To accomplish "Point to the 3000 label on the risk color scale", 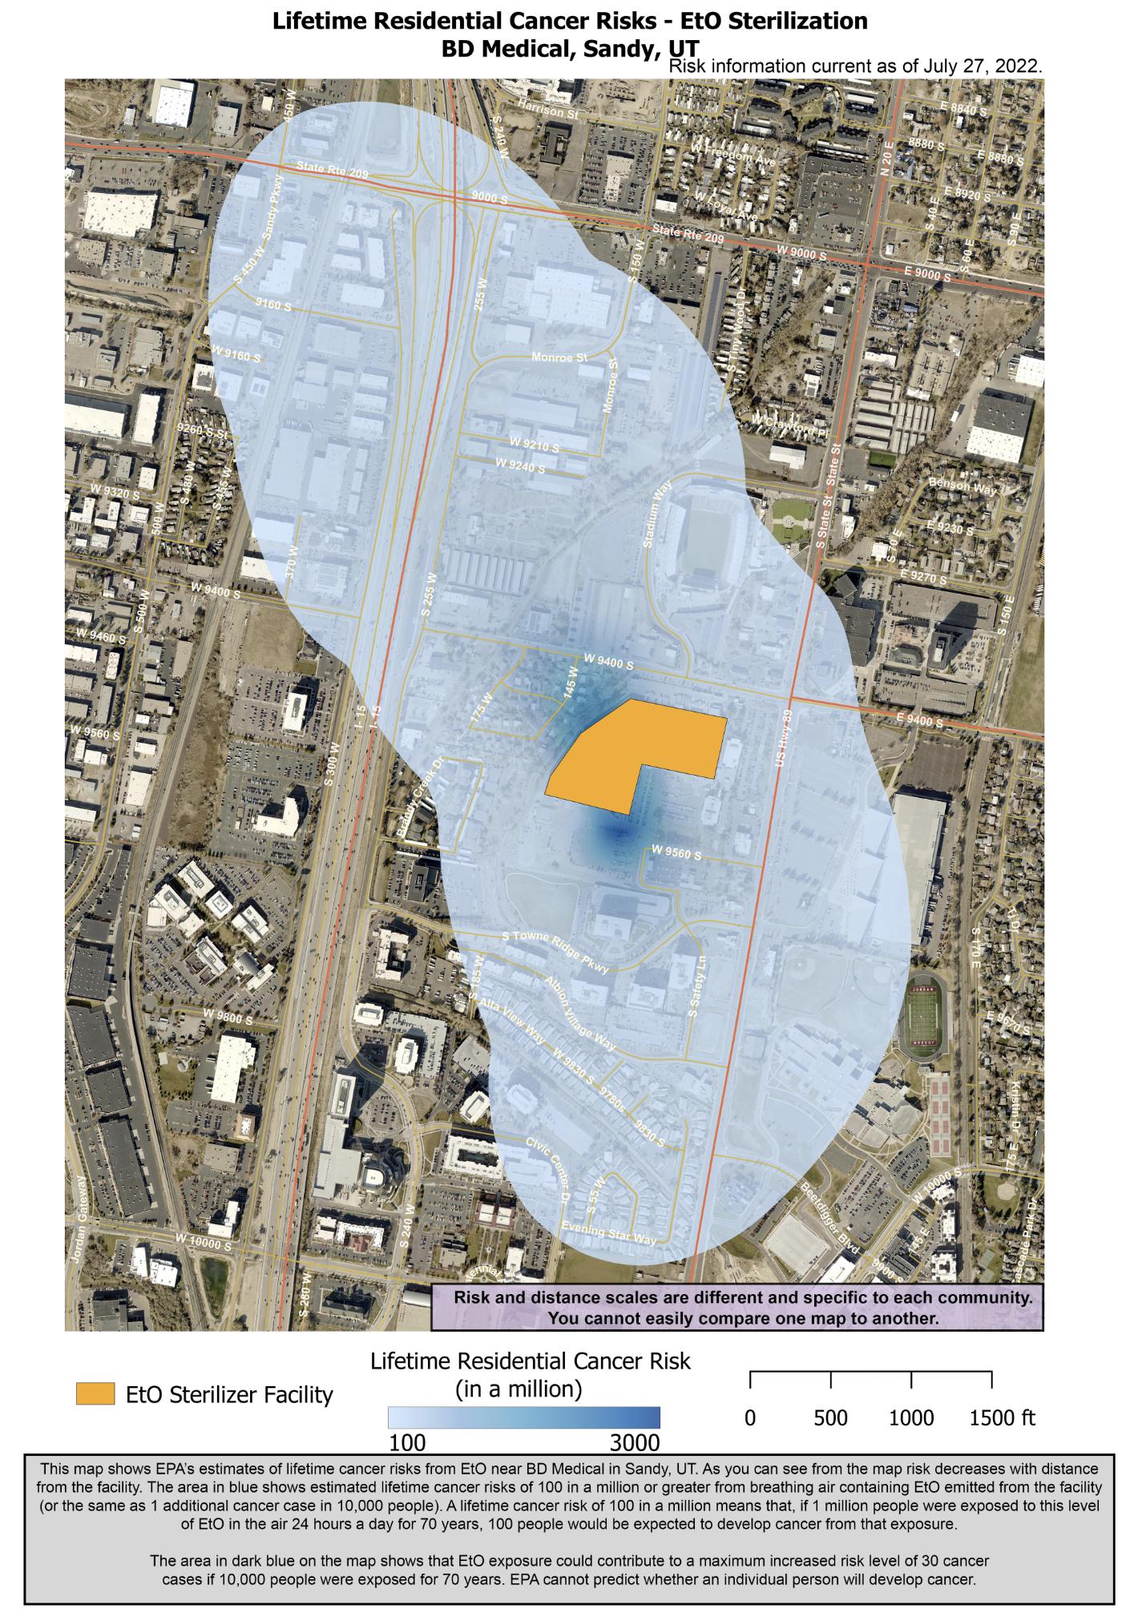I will tap(634, 1442).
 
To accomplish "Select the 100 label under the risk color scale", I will tap(407, 1442).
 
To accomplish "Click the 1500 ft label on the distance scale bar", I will tap(1002, 1417).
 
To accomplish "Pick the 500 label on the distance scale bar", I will tap(830, 1417).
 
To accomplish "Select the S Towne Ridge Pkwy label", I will tap(555, 951).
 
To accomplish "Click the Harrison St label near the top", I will tap(548, 110).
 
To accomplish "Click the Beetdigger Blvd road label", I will tap(829, 1220).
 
